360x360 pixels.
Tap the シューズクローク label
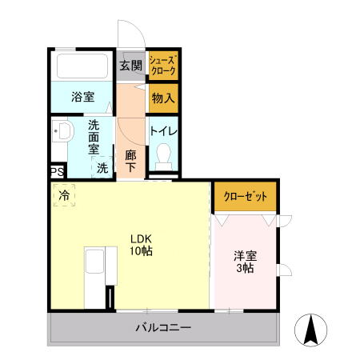163,66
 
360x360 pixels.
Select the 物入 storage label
163,99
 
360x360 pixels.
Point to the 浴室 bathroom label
82,98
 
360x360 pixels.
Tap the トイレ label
163,130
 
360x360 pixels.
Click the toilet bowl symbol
164,153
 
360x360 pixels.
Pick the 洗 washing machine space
102,168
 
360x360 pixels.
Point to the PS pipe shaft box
56,172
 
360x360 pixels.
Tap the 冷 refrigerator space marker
63,194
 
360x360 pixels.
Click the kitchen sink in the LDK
95,264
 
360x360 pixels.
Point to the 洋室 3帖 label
244,262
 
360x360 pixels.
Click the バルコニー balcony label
162,327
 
